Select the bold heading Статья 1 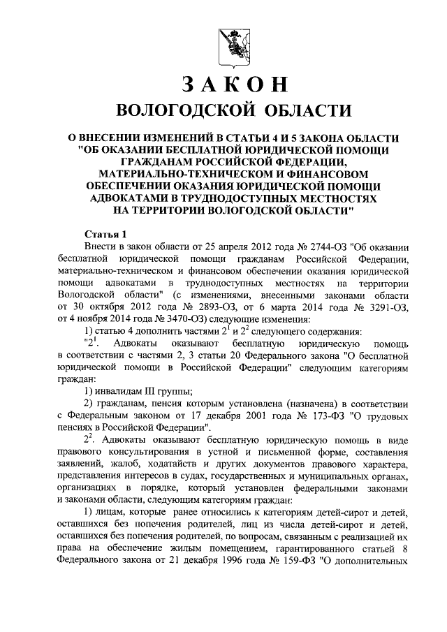(105, 234)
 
